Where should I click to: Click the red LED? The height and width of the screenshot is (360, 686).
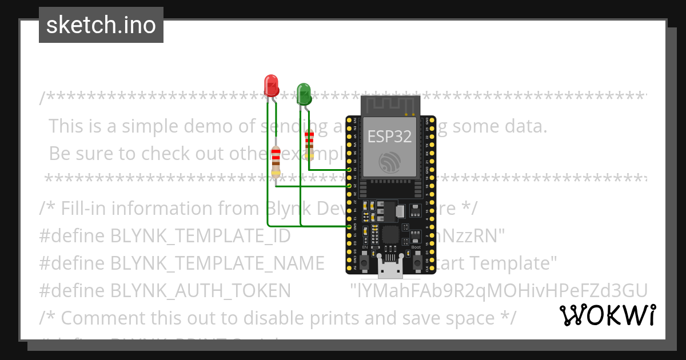[x=271, y=85]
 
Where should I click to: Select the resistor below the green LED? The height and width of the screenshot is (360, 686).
[x=309, y=144]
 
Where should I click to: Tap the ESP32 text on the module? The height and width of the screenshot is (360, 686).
[x=389, y=137]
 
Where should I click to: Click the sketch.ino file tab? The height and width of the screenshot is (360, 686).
[x=101, y=25]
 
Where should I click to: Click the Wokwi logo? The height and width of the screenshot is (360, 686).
[x=607, y=315]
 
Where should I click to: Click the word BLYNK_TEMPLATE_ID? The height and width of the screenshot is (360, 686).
[x=200, y=236]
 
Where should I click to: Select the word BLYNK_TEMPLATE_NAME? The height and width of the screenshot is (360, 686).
[x=217, y=263]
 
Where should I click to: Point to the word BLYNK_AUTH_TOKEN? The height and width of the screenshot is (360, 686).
[x=200, y=291]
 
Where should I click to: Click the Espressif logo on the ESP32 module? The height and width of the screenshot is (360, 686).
[x=389, y=162]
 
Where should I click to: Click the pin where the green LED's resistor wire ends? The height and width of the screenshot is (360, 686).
[x=349, y=170]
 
